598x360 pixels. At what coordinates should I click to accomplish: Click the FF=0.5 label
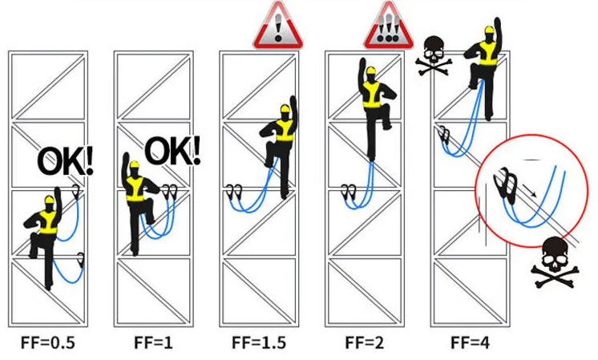(x=48, y=343)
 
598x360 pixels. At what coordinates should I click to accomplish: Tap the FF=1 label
(x=153, y=343)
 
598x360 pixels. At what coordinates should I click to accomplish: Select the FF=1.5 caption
(x=259, y=343)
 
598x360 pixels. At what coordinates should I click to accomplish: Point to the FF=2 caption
(x=365, y=343)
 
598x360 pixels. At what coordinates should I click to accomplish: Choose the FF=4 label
(x=471, y=343)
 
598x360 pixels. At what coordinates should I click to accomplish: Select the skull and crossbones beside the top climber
(x=434, y=55)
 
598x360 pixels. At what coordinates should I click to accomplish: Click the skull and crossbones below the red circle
(x=556, y=262)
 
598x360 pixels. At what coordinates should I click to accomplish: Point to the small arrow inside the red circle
(x=530, y=190)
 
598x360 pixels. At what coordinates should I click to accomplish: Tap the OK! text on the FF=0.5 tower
(x=65, y=162)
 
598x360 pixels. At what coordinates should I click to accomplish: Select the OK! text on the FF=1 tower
(x=173, y=150)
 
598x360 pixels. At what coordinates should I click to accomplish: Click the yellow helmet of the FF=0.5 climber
(x=49, y=200)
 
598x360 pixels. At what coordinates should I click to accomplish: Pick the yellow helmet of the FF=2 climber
(x=370, y=71)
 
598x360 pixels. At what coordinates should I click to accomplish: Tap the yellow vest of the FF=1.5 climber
(x=285, y=130)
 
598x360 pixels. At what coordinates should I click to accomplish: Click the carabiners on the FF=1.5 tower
(x=234, y=192)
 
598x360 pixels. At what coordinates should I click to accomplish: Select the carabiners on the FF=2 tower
(x=349, y=192)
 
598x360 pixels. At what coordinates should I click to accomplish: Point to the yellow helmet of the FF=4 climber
(x=489, y=30)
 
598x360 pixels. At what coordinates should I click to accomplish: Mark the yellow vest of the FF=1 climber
(x=135, y=188)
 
